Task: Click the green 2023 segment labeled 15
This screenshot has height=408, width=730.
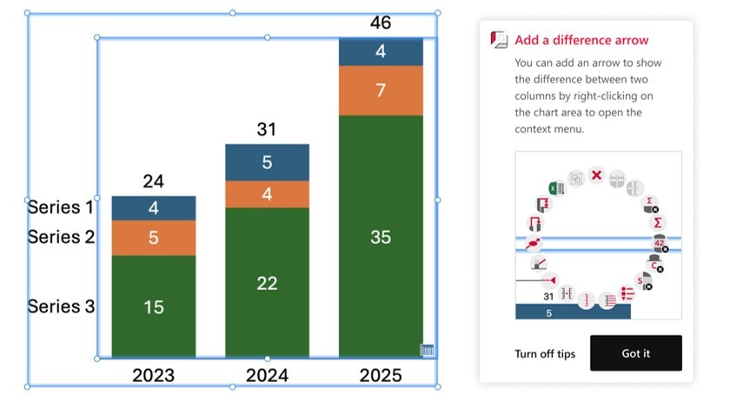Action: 154,306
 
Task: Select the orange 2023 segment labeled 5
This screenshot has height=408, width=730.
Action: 154,238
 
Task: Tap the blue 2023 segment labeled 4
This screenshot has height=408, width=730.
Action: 154,208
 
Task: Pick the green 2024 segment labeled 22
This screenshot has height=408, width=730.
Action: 267,282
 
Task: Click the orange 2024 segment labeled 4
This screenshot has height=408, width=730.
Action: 267,194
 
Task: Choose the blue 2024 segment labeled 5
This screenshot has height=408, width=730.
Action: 267,162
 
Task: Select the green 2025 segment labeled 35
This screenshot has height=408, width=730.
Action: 381,236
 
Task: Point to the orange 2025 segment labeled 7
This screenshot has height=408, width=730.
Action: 381,90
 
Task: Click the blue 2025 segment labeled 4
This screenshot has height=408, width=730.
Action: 381,52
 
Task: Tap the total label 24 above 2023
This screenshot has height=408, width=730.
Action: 154,181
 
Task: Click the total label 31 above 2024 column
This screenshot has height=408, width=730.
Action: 267,129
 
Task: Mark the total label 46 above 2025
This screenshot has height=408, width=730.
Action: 381,23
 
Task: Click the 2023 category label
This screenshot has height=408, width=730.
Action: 154,376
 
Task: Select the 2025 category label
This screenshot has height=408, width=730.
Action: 381,376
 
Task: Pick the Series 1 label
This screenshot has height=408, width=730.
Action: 60,207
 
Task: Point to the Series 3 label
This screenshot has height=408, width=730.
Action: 60,306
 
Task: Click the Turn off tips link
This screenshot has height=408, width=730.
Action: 545,353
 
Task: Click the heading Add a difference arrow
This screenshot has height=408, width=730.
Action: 581,40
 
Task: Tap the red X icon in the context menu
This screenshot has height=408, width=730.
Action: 596,175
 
